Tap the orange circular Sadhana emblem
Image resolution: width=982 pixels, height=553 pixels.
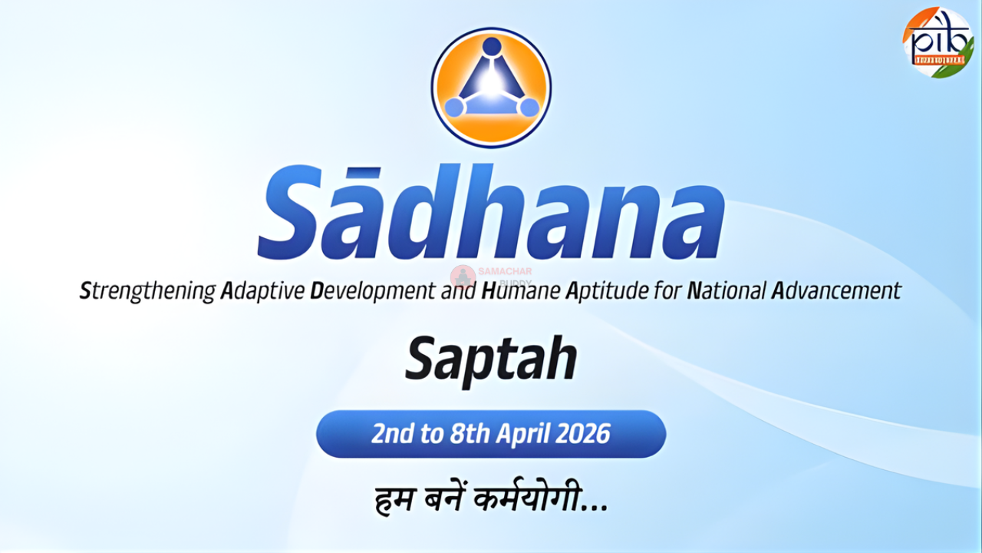coord(491,87)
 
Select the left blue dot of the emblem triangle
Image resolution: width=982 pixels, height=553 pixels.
coord(454,108)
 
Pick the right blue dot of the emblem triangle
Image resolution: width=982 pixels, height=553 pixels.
coord(528,108)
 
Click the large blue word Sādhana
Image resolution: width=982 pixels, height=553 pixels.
coord(491,214)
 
